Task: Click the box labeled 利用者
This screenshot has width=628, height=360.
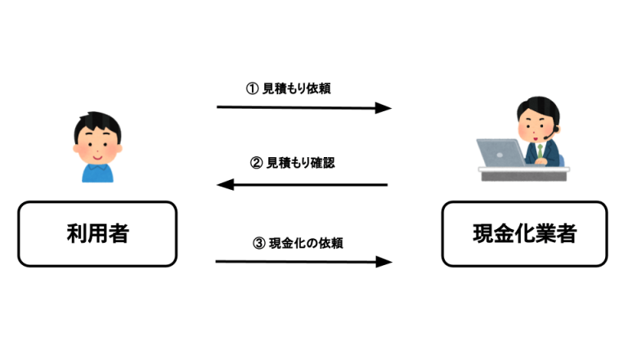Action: click(x=97, y=234)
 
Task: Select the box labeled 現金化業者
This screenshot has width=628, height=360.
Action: click(x=523, y=234)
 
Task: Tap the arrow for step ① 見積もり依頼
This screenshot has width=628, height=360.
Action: click(x=303, y=107)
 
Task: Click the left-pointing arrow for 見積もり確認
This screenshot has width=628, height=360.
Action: click(x=303, y=185)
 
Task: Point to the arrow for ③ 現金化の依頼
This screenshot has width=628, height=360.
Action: click(x=303, y=262)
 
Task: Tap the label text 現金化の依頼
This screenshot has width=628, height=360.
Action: click(x=305, y=242)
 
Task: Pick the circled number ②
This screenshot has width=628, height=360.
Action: click(x=255, y=163)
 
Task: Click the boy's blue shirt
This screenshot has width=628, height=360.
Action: click(x=98, y=169)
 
